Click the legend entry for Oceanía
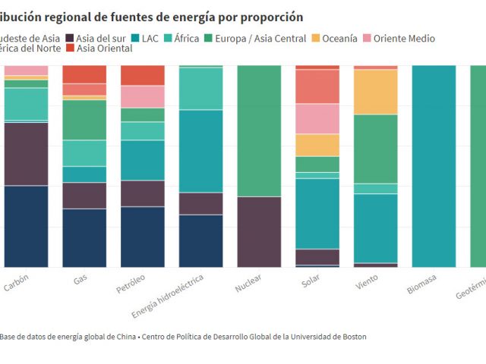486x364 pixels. pos(334,38)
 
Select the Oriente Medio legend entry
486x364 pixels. pos(404,38)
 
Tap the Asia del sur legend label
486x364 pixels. pos(95,38)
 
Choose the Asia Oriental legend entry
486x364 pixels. pos(104,49)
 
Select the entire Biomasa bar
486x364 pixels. pos(434,166)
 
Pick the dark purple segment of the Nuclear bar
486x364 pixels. pos(259,232)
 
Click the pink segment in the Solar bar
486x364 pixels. pos(317,119)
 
